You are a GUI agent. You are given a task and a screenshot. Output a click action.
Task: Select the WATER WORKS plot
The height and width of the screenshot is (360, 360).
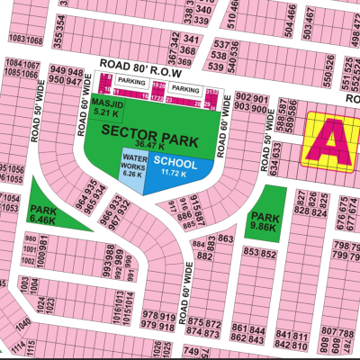[132, 166]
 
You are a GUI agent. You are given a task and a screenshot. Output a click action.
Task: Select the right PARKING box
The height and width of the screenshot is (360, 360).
[185, 90]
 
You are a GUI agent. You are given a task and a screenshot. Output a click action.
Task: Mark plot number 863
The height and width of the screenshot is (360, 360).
[225, 238]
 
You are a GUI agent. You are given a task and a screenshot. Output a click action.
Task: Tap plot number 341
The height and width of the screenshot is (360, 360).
[191, 40]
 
